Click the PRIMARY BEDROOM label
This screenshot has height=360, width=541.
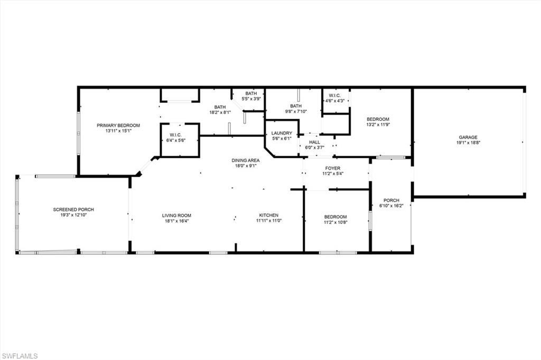tap(118, 125)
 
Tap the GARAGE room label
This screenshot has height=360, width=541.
tap(468, 137)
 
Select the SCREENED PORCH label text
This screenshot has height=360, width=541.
tap(73, 210)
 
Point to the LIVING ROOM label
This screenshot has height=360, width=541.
tap(176, 215)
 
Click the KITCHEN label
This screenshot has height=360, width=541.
tap(268, 215)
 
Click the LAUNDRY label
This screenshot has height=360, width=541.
tap(282, 133)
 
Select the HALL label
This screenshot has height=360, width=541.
tap(314, 142)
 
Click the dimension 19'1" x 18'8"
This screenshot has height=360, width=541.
tap(468, 143)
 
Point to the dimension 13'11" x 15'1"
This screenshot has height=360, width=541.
tap(118, 131)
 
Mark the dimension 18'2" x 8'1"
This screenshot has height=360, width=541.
tap(220, 112)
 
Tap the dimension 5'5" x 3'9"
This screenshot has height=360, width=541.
tap(251, 99)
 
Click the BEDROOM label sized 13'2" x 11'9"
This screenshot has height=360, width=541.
tap(378, 119)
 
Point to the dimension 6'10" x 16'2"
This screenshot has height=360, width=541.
tap(391, 206)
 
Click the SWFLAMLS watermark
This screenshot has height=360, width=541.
tap(20, 356)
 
